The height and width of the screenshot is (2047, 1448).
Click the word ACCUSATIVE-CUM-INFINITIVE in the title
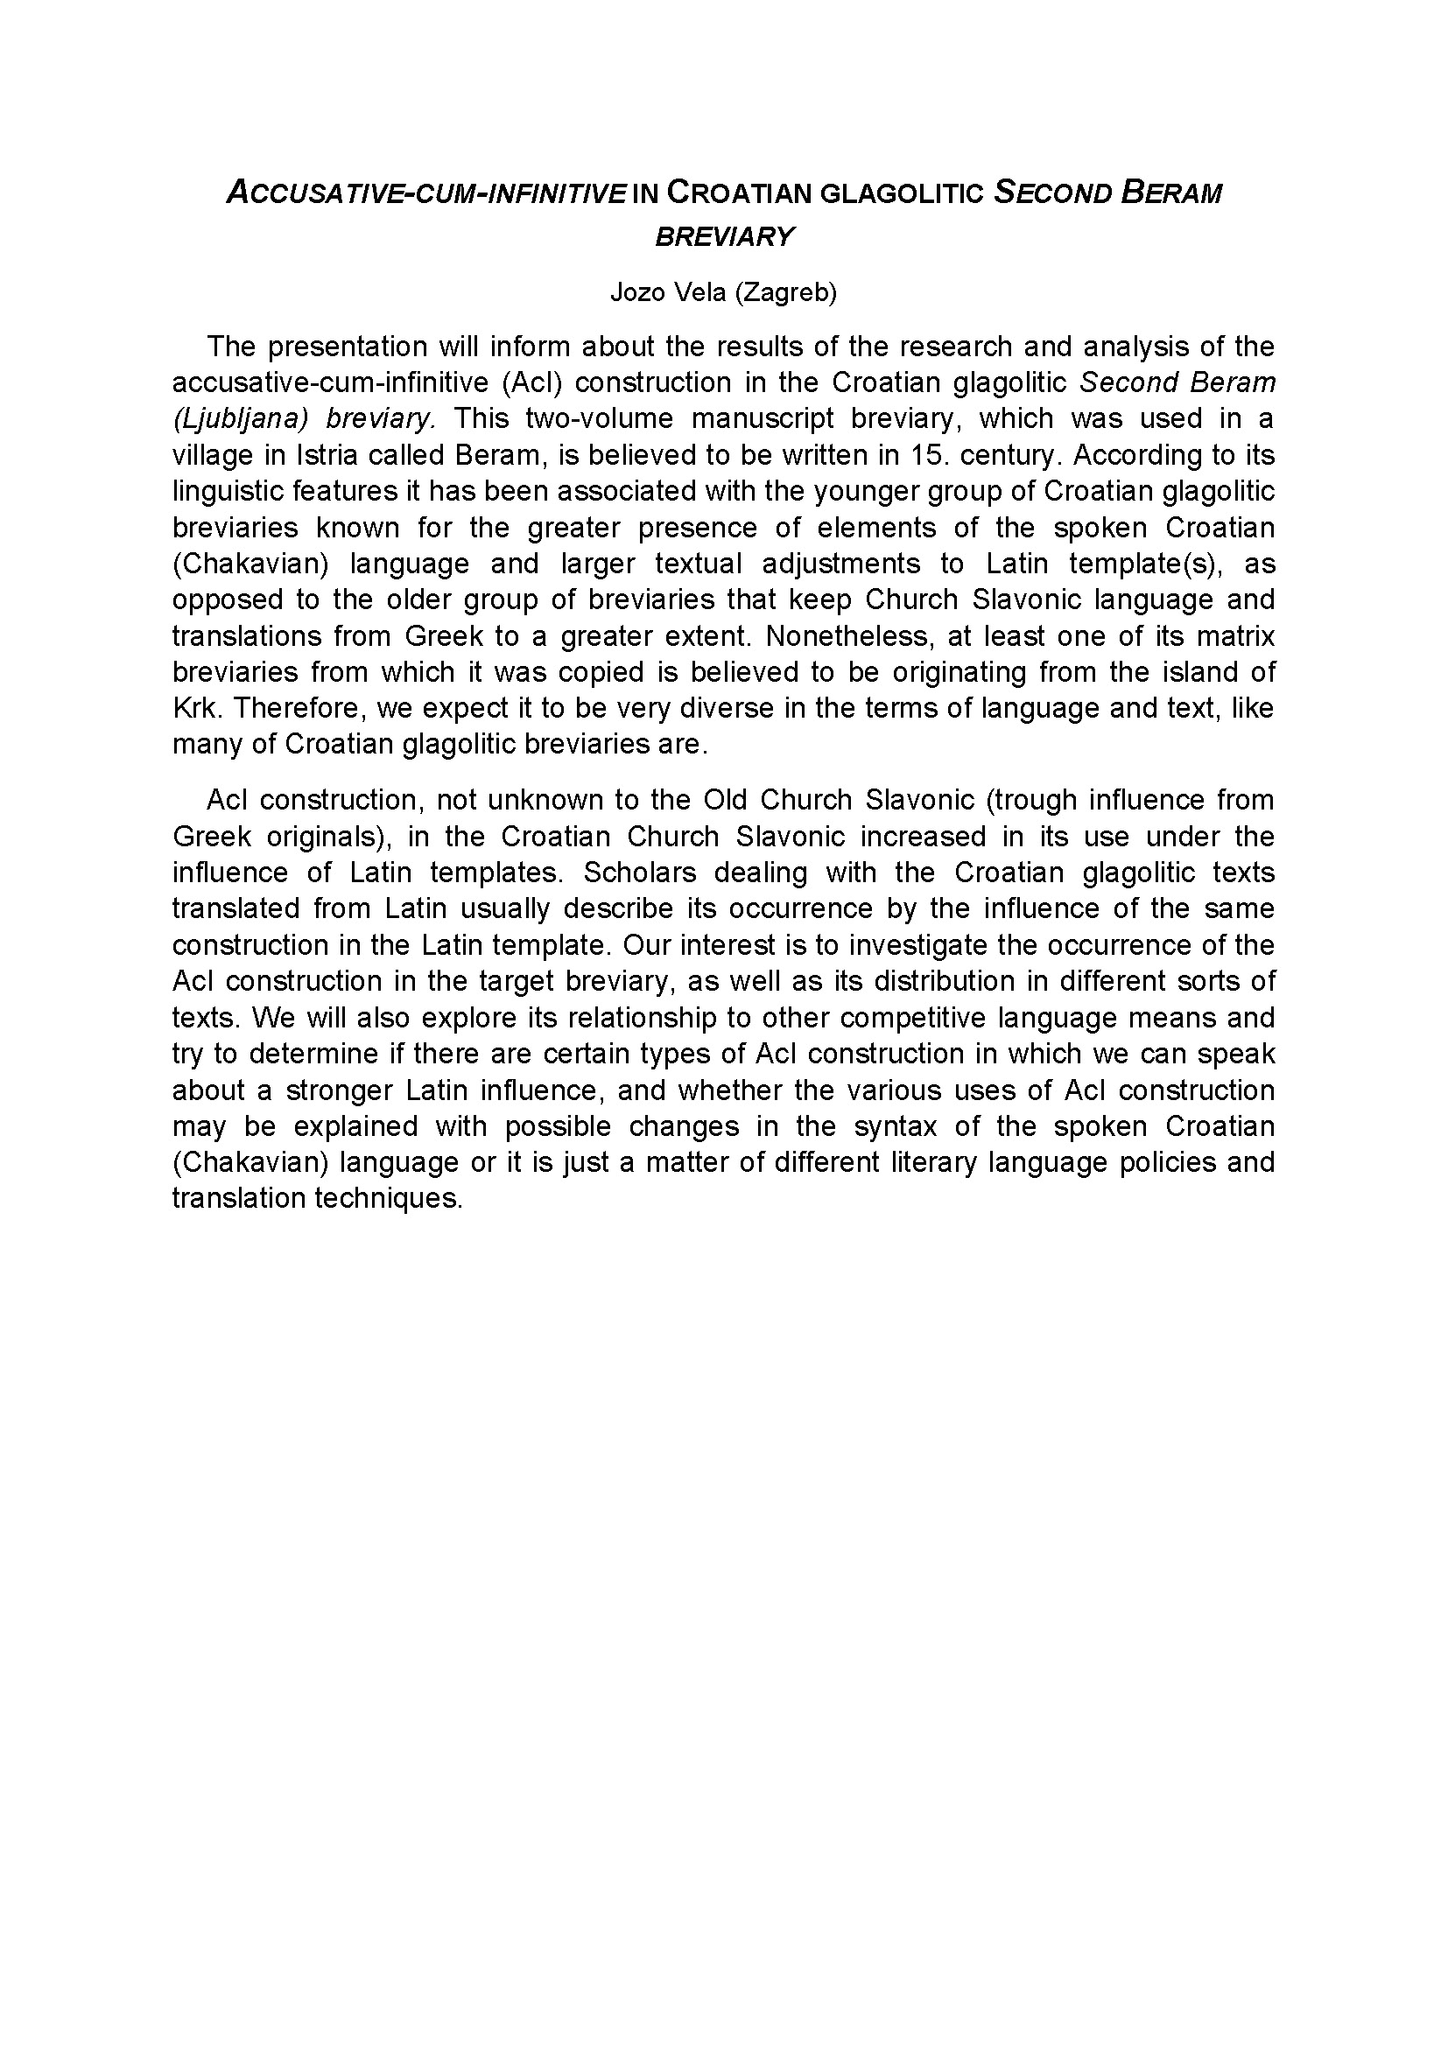(x=426, y=193)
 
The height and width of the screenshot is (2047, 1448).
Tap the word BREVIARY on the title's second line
(x=724, y=236)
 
